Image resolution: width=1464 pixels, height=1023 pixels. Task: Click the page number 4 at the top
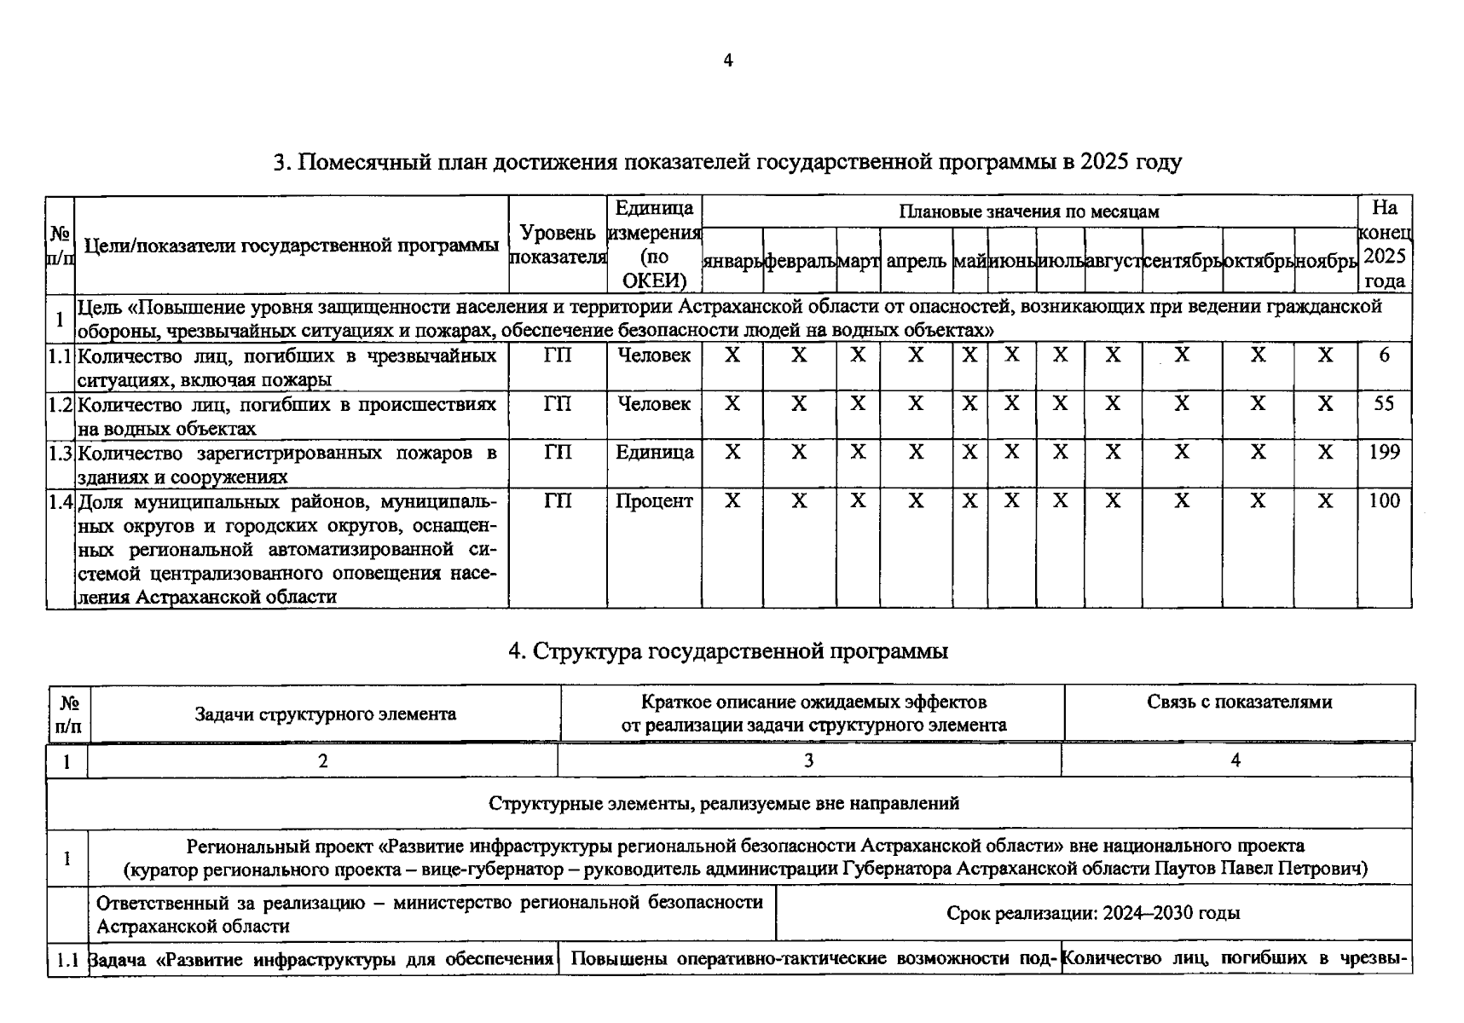click(x=727, y=61)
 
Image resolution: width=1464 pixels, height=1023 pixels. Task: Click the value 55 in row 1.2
click(x=1383, y=403)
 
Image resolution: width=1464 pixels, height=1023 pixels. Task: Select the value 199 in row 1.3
click(x=1383, y=452)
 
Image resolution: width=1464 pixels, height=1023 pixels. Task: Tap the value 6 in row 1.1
click(x=1384, y=355)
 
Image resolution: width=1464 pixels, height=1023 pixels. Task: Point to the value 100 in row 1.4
click(x=1383, y=500)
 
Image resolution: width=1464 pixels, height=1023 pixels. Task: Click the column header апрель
click(x=916, y=262)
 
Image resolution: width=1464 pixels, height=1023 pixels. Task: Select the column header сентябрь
click(x=1182, y=262)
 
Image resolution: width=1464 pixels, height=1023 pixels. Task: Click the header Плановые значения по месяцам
click(x=1028, y=211)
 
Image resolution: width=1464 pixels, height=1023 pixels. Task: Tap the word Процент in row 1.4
click(x=654, y=500)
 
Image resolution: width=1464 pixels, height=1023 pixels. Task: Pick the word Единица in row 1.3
click(x=654, y=452)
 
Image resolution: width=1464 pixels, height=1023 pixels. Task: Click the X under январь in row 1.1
click(x=732, y=355)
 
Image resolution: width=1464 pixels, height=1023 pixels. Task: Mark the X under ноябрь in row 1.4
click(x=1324, y=500)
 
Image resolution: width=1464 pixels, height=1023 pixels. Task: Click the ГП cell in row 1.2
click(x=558, y=403)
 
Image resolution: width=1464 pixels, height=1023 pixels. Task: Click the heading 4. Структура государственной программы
click(x=727, y=651)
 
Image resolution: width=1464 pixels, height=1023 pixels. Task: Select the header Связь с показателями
click(x=1239, y=702)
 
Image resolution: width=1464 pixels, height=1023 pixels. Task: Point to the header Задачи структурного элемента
click(x=325, y=714)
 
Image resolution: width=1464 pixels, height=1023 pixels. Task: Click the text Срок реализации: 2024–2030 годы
click(x=1092, y=913)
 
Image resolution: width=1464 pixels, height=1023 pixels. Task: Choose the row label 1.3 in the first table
click(x=60, y=453)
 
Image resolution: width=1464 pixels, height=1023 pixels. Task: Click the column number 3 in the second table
click(x=808, y=760)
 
